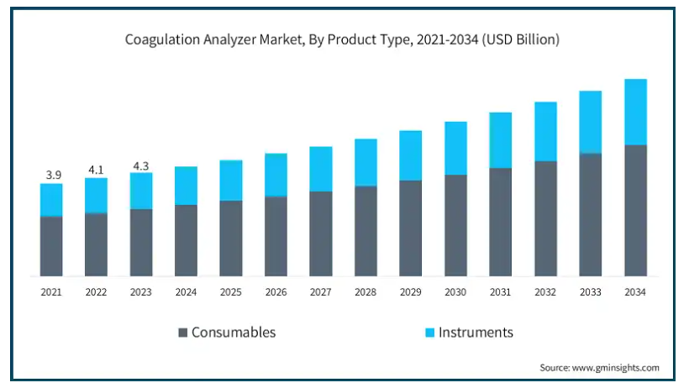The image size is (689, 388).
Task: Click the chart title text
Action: pyautogui.click(x=342, y=39)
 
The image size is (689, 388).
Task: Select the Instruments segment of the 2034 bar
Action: pyautogui.click(x=636, y=112)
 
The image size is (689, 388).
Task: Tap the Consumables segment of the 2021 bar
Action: pyautogui.click(x=51, y=246)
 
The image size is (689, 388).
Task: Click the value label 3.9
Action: pyautogui.click(x=53, y=175)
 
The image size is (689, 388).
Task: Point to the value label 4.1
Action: pyautogui.click(x=97, y=170)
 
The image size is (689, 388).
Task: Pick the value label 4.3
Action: pyautogui.click(x=141, y=165)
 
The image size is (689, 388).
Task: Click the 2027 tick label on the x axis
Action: pyautogui.click(x=320, y=291)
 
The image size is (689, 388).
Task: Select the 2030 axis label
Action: pyautogui.click(x=455, y=291)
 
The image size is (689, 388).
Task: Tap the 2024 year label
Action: pyautogui.click(x=186, y=291)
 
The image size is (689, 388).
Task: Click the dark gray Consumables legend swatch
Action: pyautogui.click(x=183, y=333)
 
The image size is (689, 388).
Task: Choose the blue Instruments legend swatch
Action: pyautogui.click(x=429, y=333)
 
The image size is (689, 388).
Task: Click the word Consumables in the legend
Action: pyautogui.click(x=234, y=332)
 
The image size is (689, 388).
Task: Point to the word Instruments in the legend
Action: pyautogui.click(x=476, y=332)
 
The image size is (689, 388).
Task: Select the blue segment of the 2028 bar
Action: pyautogui.click(x=366, y=162)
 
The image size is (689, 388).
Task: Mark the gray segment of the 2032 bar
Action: pyautogui.click(x=545, y=218)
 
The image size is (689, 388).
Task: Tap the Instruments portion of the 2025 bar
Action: pyautogui.click(x=231, y=181)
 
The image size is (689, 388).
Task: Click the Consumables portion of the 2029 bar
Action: pyautogui.click(x=410, y=228)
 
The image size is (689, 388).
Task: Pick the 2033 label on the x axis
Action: pyautogui.click(x=591, y=291)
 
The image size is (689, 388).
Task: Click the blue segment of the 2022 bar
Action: pyautogui.click(x=97, y=196)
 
